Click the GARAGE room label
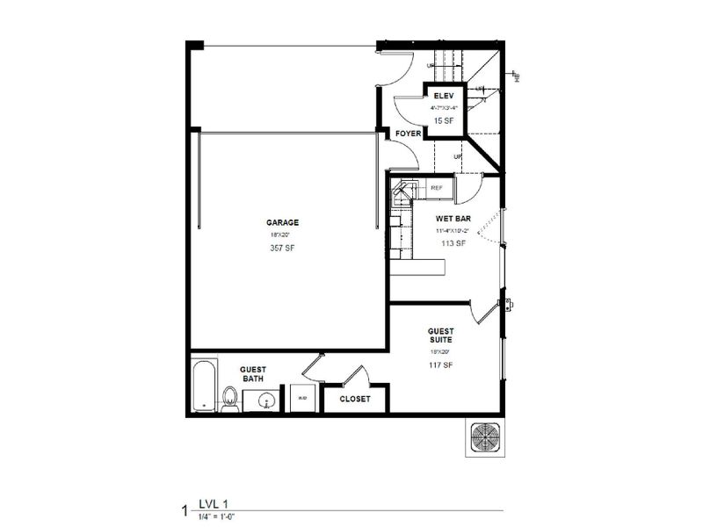click(x=284, y=222)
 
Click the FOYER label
click(x=407, y=134)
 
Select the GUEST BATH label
click(x=255, y=373)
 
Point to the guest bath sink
click(x=263, y=401)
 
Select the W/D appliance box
click(x=302, y=398)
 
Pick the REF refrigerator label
click(x=436, y=188)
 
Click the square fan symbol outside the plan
click(x=486, y=437)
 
